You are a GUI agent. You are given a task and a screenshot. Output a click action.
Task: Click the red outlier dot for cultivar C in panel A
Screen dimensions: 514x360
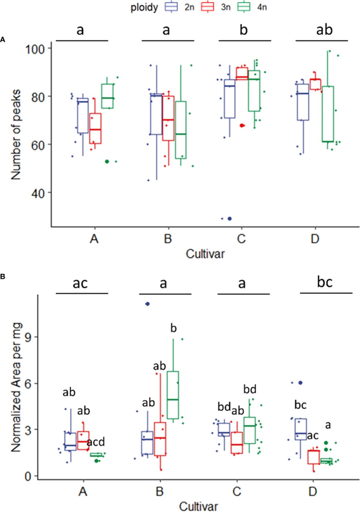(242, 125)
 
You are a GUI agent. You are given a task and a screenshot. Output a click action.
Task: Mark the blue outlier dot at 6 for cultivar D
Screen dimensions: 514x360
(301, 383)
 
